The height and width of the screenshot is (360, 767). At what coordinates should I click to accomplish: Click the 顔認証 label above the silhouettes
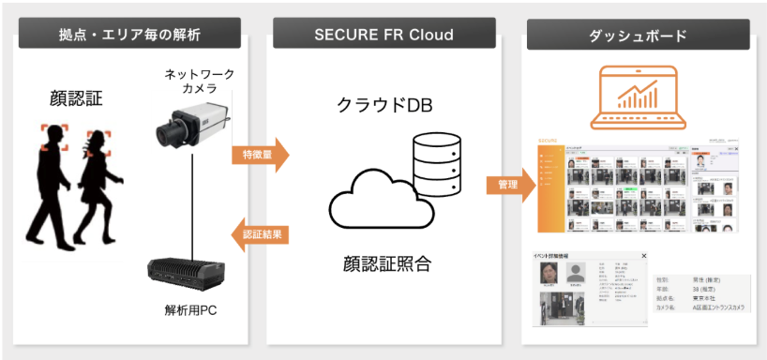pos(74,97)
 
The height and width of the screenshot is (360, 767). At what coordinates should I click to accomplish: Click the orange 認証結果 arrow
pos(260,233)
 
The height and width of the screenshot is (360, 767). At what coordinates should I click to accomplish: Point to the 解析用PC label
pos(190,310)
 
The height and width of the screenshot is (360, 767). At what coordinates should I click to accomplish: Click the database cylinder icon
pos(437,159)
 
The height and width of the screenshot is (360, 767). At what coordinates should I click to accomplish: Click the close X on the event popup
pos(643,255)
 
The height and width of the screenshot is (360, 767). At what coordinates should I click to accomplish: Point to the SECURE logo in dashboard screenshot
pos(550,142)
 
